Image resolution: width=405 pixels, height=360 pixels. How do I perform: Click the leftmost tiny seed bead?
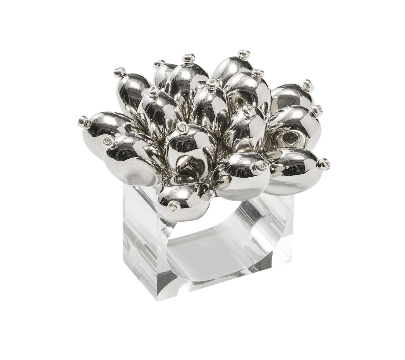point(81,120)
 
